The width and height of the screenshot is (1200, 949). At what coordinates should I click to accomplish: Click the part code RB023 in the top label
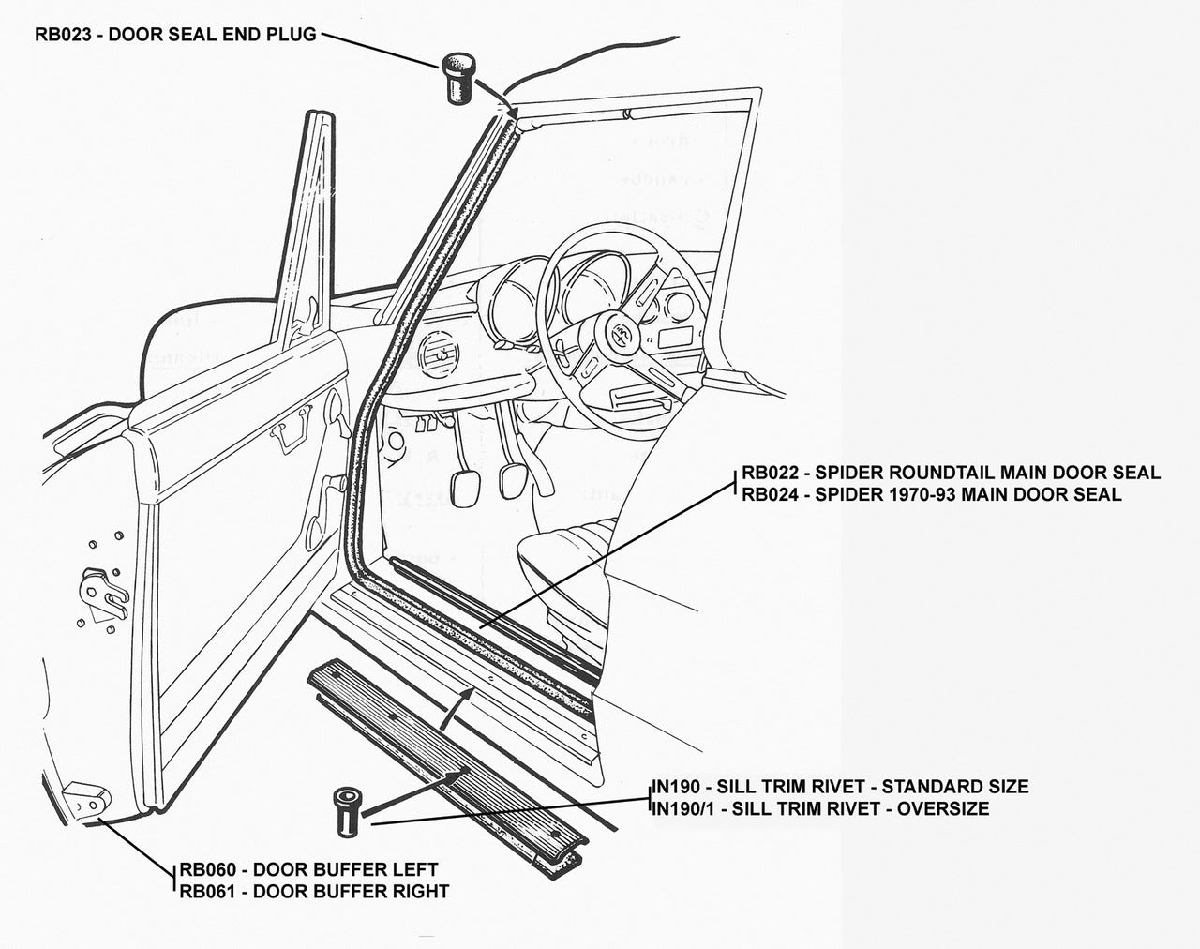pyautogui.click(x=65, y=36)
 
